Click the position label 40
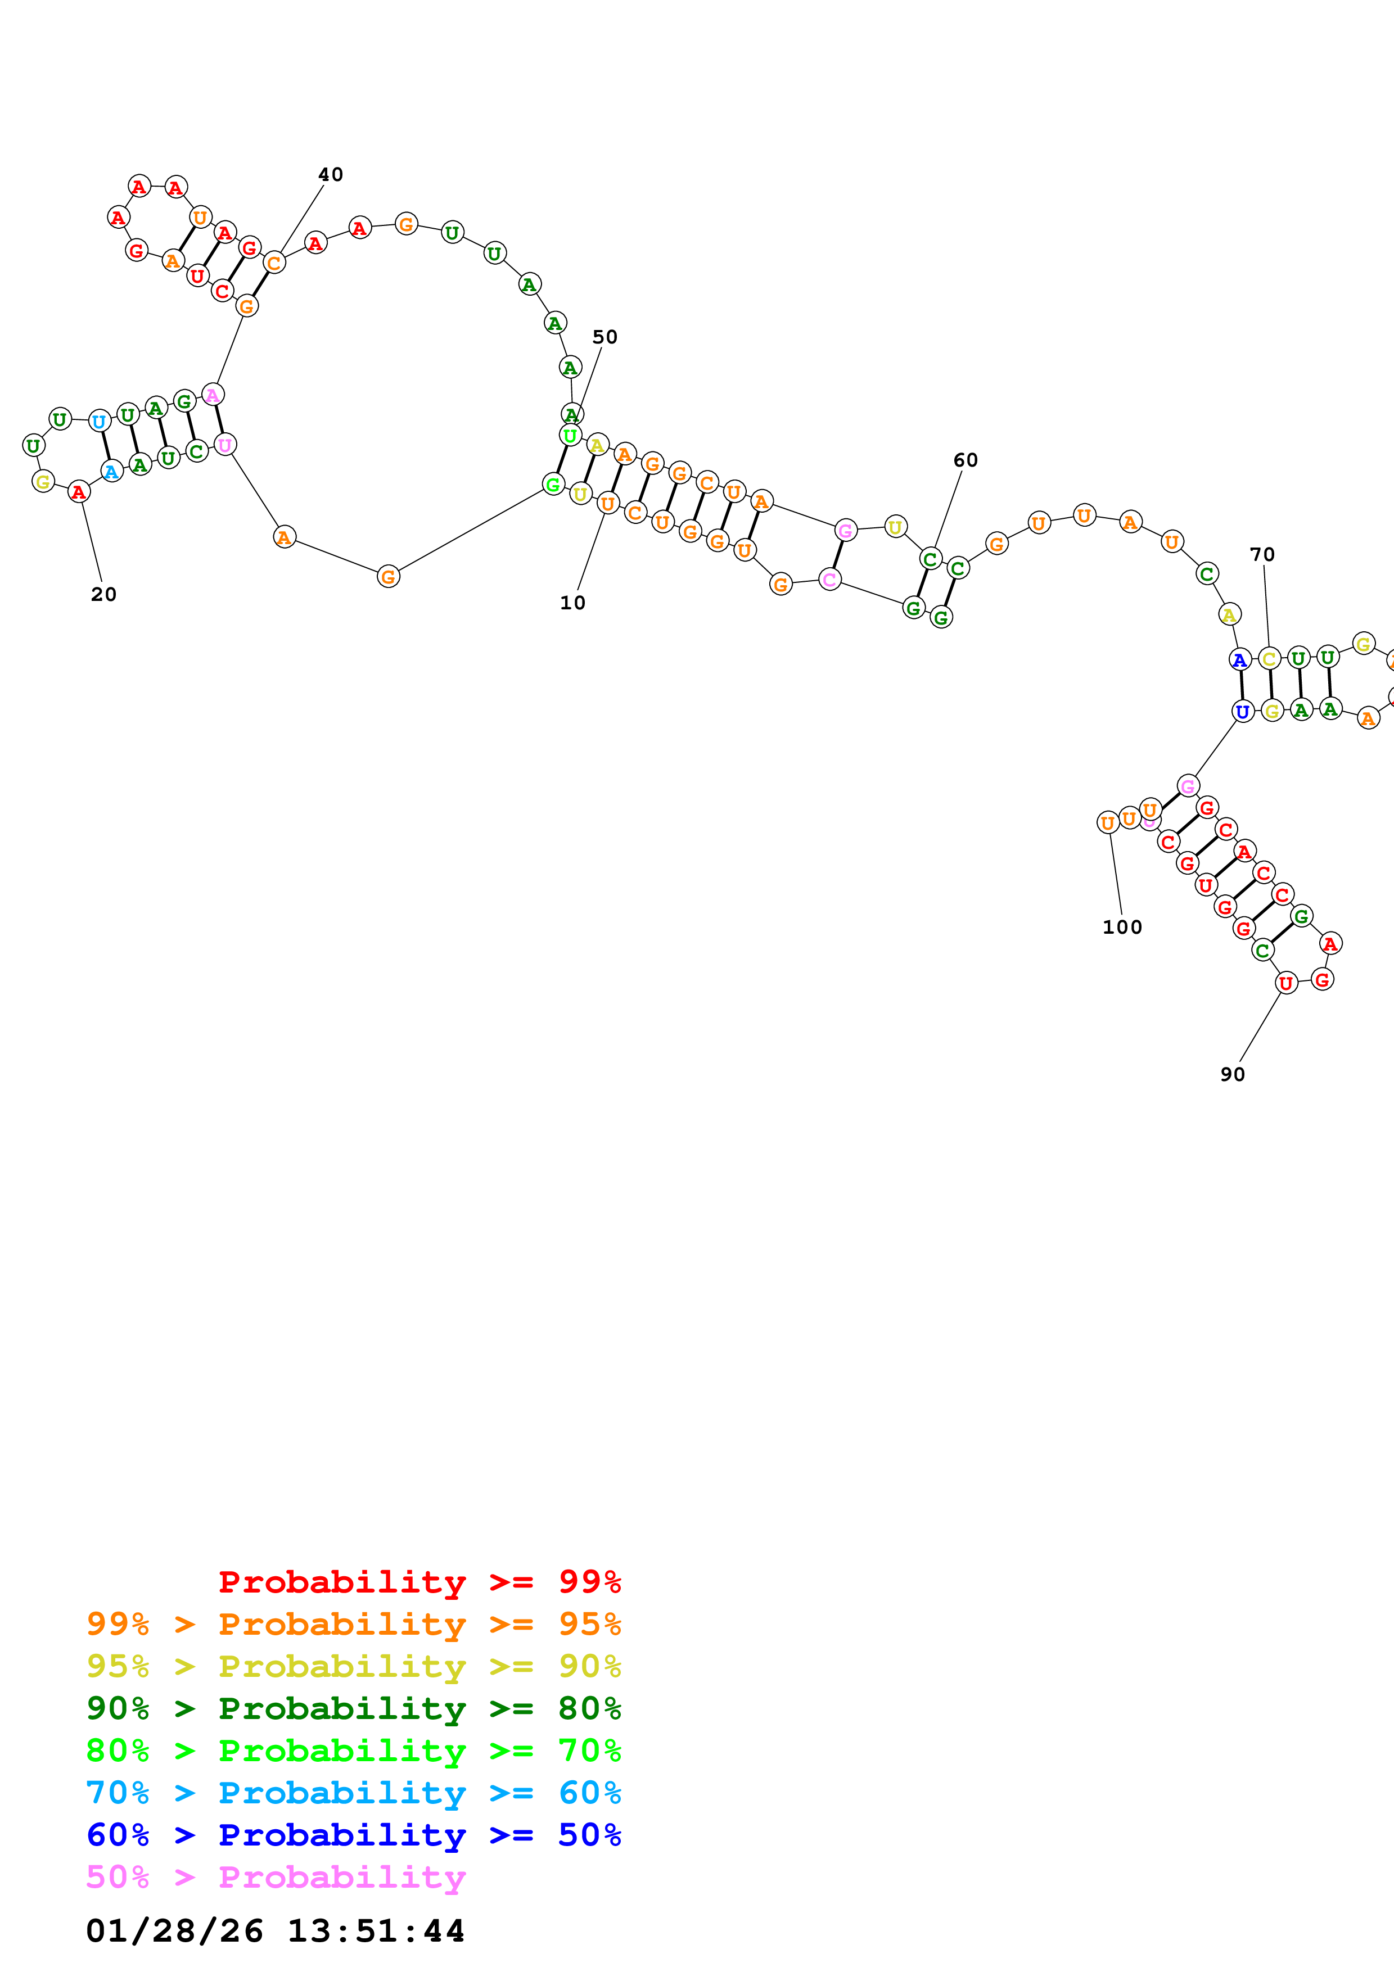pos(331,174)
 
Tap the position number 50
pos(604,337)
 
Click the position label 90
pos(1233,1074)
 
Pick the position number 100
pos(1122,927)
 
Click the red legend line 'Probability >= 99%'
pos(419,1581)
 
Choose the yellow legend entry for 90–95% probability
pos(353,1666)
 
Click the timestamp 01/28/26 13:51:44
pos(275,1931)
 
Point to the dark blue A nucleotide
pos(1239,659)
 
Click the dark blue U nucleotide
pos(1242,711)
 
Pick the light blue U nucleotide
pos(100,421)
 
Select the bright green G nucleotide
pos(553,485)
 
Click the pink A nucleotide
pos(212,394)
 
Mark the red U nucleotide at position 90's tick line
pos(1285,983)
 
